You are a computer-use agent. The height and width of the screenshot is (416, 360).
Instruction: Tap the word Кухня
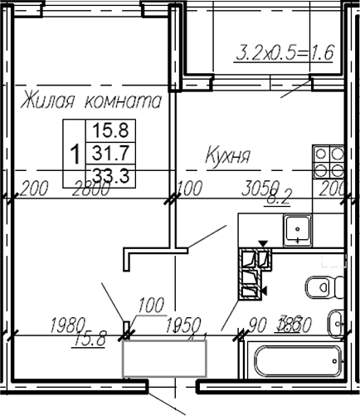pyautogui.click(x=228, y=155)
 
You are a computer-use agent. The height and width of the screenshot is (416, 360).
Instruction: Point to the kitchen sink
pyautogui.click(x=295, y=228)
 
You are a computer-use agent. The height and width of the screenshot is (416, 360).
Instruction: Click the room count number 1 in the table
pyautogui.click(x=75, y=153)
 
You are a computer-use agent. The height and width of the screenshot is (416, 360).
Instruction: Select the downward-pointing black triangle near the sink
pyautogui.click(x=264, y=244)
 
